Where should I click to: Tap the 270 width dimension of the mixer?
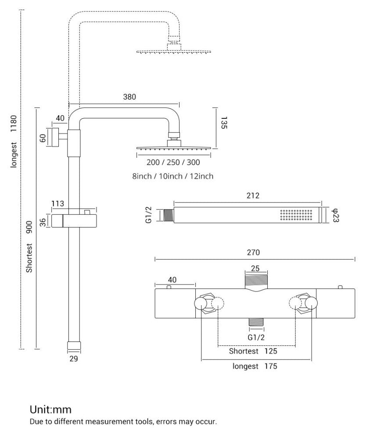(254, 252)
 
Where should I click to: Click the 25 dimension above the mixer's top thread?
(256, 268)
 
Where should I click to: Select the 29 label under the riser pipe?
(73, 359)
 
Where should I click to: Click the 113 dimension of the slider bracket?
(58, 203)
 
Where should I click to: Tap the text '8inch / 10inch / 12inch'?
(173, 176)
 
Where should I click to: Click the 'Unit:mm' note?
(50, 410)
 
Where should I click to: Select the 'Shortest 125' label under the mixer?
(253, 351)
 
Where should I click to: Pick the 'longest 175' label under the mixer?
(255, 366)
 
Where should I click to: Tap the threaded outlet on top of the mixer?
(256, 281)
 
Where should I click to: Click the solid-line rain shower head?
(173, 148)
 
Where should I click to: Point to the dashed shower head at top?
(173, 51)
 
